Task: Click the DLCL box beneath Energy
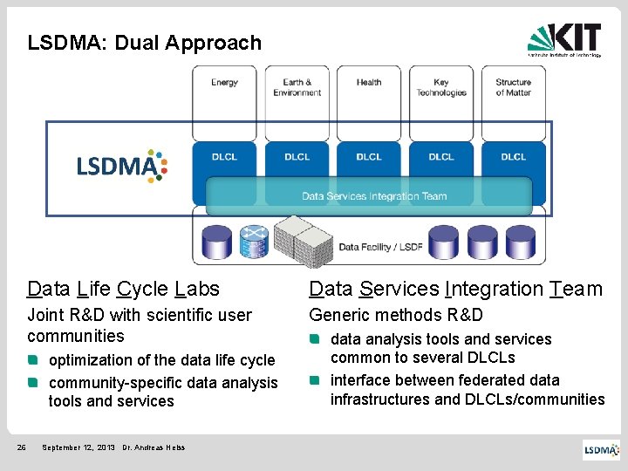(x=224, y=157)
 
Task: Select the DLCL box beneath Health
(x=369, y=157)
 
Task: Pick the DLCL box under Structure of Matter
(x=514, y=157)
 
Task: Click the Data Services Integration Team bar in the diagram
(x=374, y=196)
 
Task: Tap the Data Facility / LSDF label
(x=380, y=247)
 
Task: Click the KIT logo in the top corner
(x=564, y=39)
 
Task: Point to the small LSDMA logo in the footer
(x=602, y=449)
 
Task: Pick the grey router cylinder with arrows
(x=254, y=240)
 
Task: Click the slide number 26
(x=23, y=447)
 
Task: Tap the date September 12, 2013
(x=78, y=447)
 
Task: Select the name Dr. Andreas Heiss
(x=154, y=447)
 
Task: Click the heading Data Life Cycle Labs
(x=123, y=289)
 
